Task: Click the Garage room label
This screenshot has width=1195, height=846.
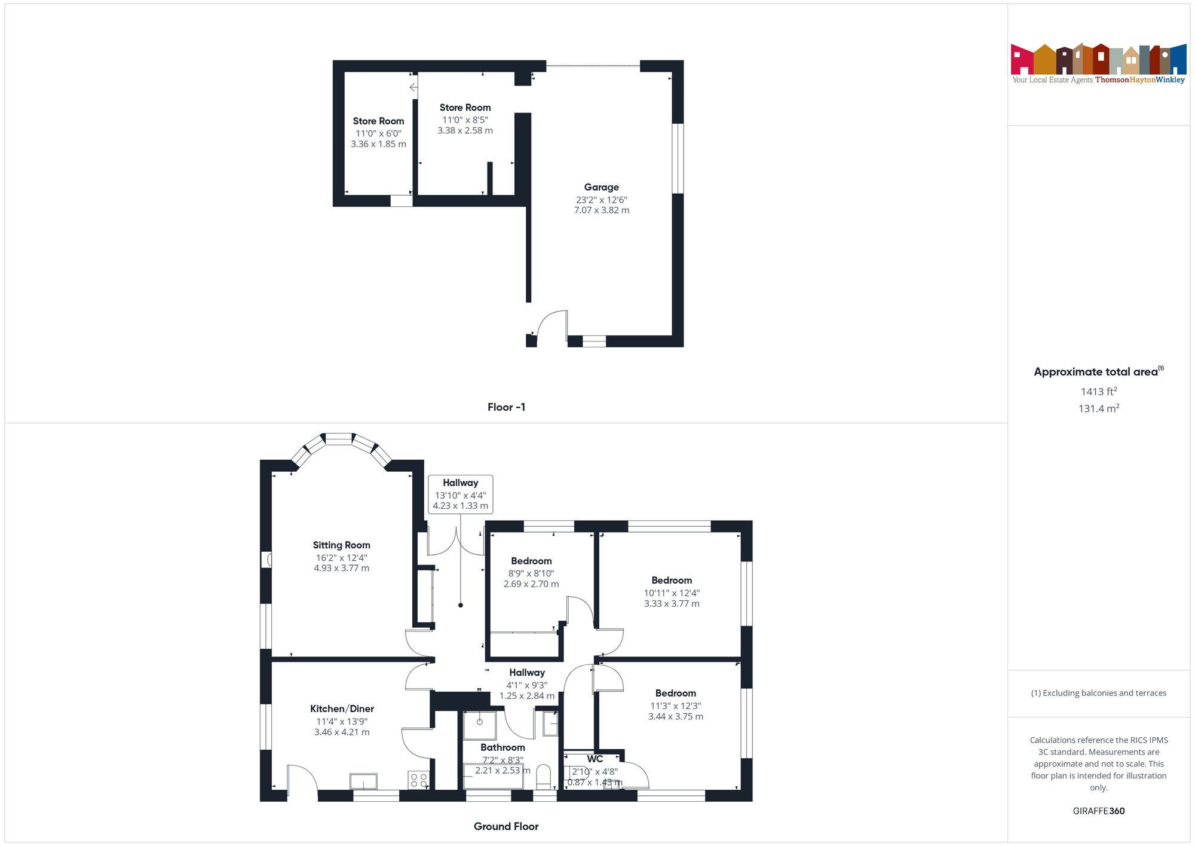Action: tap(601, 187)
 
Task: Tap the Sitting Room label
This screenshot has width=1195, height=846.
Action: tap(341, 545)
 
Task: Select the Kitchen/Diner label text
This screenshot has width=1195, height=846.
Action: tap(342, 709)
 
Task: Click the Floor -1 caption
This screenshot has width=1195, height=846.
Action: tap(506, 407)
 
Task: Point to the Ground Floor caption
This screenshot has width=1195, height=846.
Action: tap(506, 826)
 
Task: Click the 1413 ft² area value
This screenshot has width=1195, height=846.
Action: tap(1098, 392)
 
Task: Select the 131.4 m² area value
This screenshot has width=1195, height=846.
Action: tap(1098, 408)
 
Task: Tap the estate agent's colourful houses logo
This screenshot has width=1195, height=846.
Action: tap(1098, 59)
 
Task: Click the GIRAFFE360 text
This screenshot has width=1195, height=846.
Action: tap(1098, 811)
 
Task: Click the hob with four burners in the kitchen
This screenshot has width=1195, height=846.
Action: tap(418, 780)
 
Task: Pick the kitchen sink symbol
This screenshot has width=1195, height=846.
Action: tap(363, 781)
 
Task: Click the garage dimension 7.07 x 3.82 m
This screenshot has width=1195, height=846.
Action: tap(601, 210)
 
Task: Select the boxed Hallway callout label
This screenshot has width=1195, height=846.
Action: tap(460, 494)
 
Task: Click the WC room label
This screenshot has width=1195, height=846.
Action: tap(595, 759)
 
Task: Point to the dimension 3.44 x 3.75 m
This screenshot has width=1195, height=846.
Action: tap(675, 717)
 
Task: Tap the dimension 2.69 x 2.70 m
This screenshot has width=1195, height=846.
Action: tap(531, 584)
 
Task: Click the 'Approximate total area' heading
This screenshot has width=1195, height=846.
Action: tap(1098, 372)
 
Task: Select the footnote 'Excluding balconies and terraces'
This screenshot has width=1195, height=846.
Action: tap(1098, 694)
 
